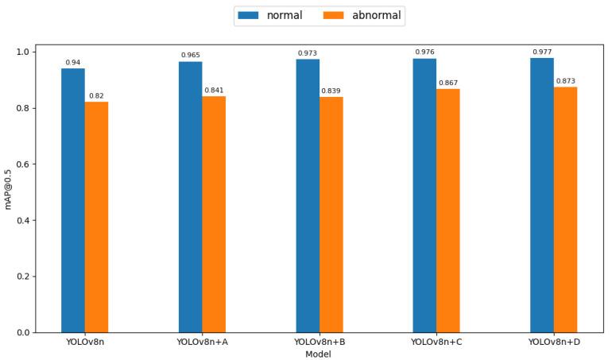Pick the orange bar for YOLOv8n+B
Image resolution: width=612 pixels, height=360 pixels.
click(331, 215)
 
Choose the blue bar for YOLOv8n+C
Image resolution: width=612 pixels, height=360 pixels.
click(424, 195)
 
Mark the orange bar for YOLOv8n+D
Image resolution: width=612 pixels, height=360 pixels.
click(565, 210)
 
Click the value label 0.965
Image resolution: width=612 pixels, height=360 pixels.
click(191, 55)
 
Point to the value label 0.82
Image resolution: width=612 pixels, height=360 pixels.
click(96, 95)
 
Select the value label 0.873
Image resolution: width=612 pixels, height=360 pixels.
click(565, 81)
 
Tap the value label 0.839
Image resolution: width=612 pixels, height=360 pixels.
click(331, 91)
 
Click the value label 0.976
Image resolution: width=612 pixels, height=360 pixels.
click(424, 52)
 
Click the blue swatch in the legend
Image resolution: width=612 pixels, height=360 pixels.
click(250, 15)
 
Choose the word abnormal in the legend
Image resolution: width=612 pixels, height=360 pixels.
click(377, 15)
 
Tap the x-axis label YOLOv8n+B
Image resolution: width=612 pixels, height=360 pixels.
click(319, 343)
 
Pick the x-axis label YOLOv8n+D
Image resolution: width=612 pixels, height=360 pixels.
click(553, 343)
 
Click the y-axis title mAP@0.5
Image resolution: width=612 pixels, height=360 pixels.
click(9, 188)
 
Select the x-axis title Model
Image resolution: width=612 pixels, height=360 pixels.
click(319, 354)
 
